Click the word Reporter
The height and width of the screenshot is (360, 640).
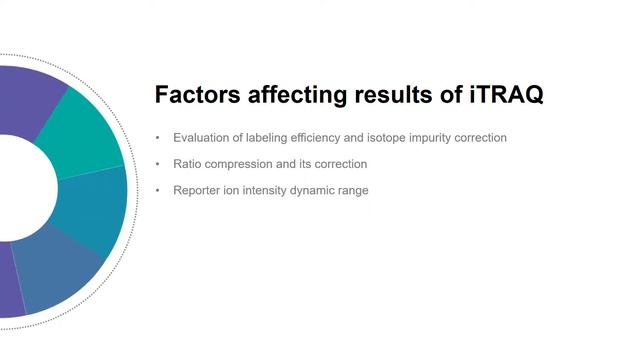(197, 190)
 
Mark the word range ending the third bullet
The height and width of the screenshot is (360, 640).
(355, 190)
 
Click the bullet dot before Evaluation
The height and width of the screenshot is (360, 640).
(157, 138)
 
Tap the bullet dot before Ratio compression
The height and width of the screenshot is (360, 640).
(157, 164)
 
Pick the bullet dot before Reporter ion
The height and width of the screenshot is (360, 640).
(157, 190)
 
